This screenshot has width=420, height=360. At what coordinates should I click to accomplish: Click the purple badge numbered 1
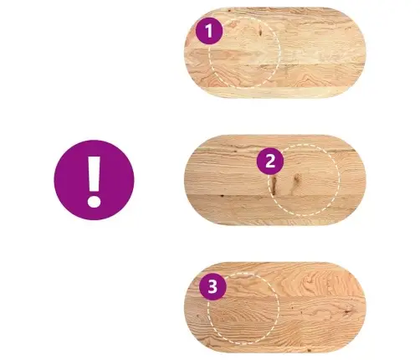coord(209,31)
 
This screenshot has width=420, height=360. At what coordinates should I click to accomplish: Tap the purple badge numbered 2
coord(270,162)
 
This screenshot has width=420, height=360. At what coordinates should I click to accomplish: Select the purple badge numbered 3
coord(213,286)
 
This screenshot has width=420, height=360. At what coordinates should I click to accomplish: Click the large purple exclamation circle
coord(94,180)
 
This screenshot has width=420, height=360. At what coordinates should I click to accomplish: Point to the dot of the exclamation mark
coord(94,201)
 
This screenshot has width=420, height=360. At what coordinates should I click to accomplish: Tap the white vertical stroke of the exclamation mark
coord(95,173)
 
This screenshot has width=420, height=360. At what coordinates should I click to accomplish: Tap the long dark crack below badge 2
coord(274,185)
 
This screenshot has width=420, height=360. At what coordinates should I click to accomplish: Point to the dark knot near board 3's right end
coord(346,311)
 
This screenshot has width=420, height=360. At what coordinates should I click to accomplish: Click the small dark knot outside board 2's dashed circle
coord(222,196)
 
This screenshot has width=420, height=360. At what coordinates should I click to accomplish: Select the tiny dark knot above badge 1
coord(229,11)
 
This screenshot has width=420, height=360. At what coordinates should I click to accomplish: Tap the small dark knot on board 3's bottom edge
coord(309,350)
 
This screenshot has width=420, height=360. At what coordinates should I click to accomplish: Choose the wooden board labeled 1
coord(274,53)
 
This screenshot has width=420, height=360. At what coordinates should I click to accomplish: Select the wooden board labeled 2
coord(274,180)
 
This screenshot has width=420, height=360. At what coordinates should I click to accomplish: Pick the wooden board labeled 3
coord(274,307)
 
